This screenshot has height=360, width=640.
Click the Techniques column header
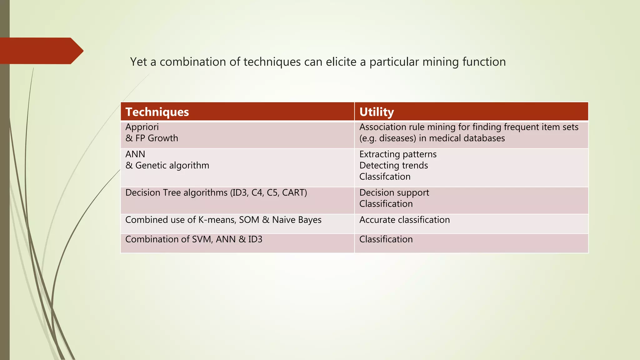point(157,112)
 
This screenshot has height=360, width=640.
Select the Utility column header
point(377,112)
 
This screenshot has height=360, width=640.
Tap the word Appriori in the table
point(142,127)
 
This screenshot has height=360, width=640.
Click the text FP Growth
point(157,138)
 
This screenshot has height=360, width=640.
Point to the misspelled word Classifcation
point(385,177)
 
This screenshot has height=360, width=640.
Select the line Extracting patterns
point(398,154)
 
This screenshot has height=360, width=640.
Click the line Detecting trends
point(393,165)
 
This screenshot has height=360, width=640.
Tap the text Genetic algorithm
point(172,165)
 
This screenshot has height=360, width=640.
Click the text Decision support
point(394,192)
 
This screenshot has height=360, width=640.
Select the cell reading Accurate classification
point(404,220)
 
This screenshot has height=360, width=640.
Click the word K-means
point(217,220)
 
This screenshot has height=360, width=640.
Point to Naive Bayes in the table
point(297,220)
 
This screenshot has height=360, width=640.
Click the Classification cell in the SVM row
point(386,239)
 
